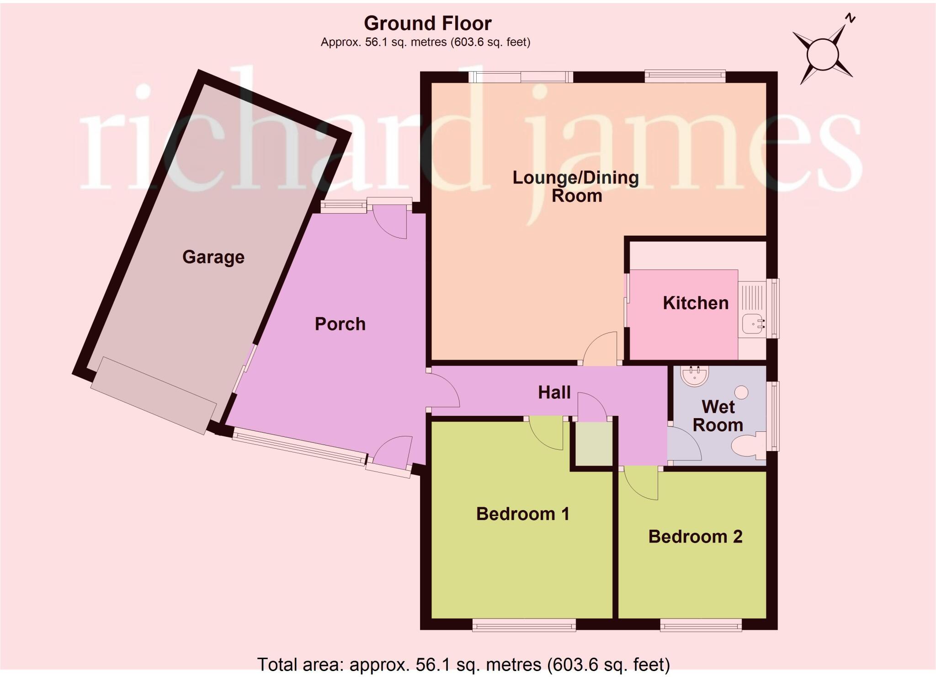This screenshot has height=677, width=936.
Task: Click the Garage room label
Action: coord(213,258)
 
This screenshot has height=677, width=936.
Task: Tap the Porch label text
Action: coord(340,324)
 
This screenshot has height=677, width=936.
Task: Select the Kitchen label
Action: coord(696,303)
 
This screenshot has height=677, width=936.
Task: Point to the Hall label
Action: coord(554,392)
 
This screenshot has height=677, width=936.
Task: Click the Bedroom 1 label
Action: coord(523,514)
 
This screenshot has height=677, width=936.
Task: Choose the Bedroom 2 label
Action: coord(695,536)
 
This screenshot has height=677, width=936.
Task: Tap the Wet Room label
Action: coord(718,416)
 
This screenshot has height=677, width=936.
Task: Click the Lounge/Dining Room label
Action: coord(576,187)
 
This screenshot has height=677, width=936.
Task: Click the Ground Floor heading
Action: coord(428,23)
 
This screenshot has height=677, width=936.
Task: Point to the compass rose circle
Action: coord(823,55)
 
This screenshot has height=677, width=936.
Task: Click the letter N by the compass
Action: coord(850,19)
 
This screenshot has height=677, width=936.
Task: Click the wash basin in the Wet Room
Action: coord(695,375)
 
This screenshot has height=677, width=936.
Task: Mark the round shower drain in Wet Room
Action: coord(741,392)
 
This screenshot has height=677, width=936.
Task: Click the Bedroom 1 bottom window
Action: coord(524,625)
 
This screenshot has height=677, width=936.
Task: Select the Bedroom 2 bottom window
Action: coord(701,625)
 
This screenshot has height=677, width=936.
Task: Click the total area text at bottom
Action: coord(463,664)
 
